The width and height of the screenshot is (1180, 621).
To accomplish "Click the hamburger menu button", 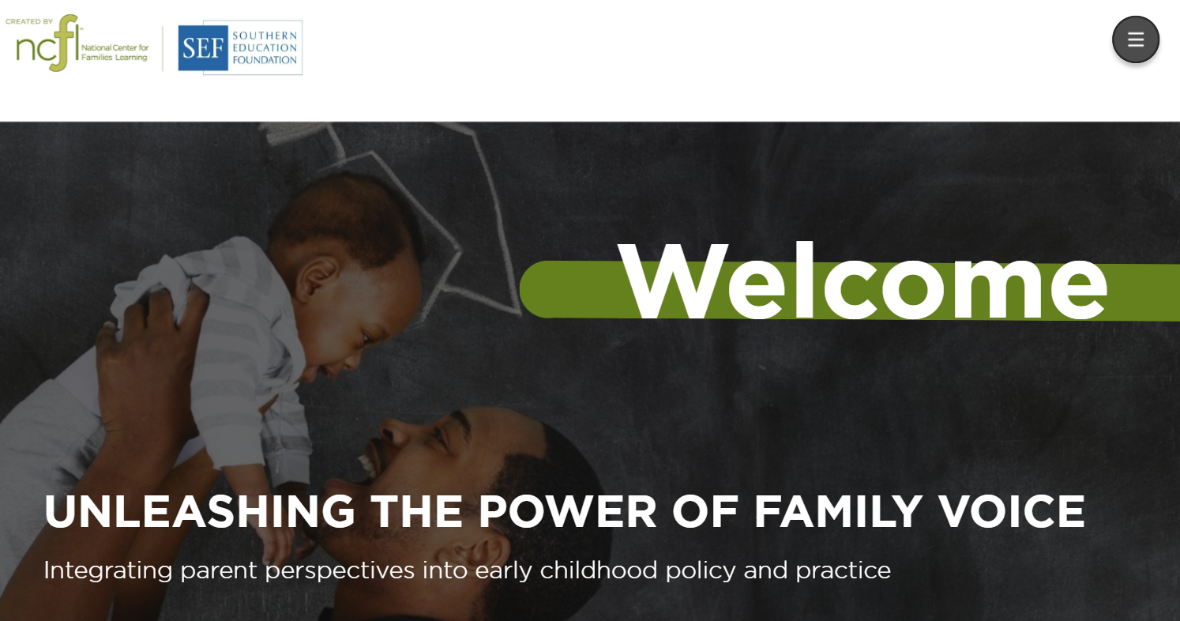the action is (1135, 40).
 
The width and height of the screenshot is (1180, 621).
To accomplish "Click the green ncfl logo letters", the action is (48, 43).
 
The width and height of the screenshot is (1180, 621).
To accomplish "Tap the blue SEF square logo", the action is (203, 48).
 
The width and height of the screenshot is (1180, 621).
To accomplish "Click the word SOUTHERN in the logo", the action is (265, 36).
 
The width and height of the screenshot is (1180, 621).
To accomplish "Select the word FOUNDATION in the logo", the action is (265, 60).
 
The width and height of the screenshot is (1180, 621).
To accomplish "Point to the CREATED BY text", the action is (29, 21).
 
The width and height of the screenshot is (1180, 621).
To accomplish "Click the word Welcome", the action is (862, 280).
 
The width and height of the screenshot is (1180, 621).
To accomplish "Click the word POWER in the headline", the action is (567, 511).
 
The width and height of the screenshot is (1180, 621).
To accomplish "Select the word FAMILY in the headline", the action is (838, 511).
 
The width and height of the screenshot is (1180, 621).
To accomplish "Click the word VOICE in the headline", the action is (1013, 511).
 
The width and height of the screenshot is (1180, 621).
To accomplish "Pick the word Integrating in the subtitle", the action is (108, 571).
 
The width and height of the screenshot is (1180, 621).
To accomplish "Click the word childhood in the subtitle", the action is (599, 570).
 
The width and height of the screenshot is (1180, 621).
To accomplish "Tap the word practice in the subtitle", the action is (843, 571).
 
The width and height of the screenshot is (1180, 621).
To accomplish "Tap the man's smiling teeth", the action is (367, 465).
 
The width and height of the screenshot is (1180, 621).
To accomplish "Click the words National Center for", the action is (115, 47).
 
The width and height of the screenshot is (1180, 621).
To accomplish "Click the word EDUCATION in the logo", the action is (265, 47).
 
